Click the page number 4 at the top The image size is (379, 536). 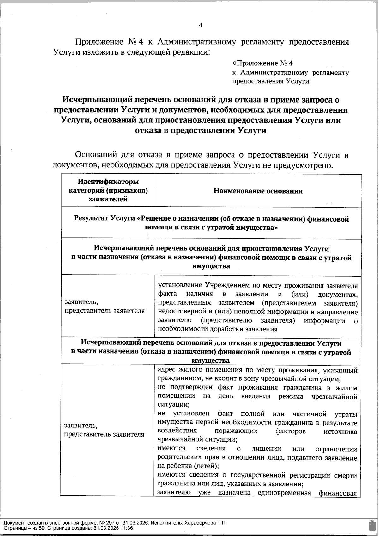tap(200, 25)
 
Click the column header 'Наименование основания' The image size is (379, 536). tap(258, 191)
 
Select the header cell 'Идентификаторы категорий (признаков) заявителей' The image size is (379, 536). tap(108, 190)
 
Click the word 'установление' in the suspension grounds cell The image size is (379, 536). tap(180, 286)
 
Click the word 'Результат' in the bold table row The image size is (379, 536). tap(90, 218)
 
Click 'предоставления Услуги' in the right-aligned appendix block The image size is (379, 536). tap(270, 81)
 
